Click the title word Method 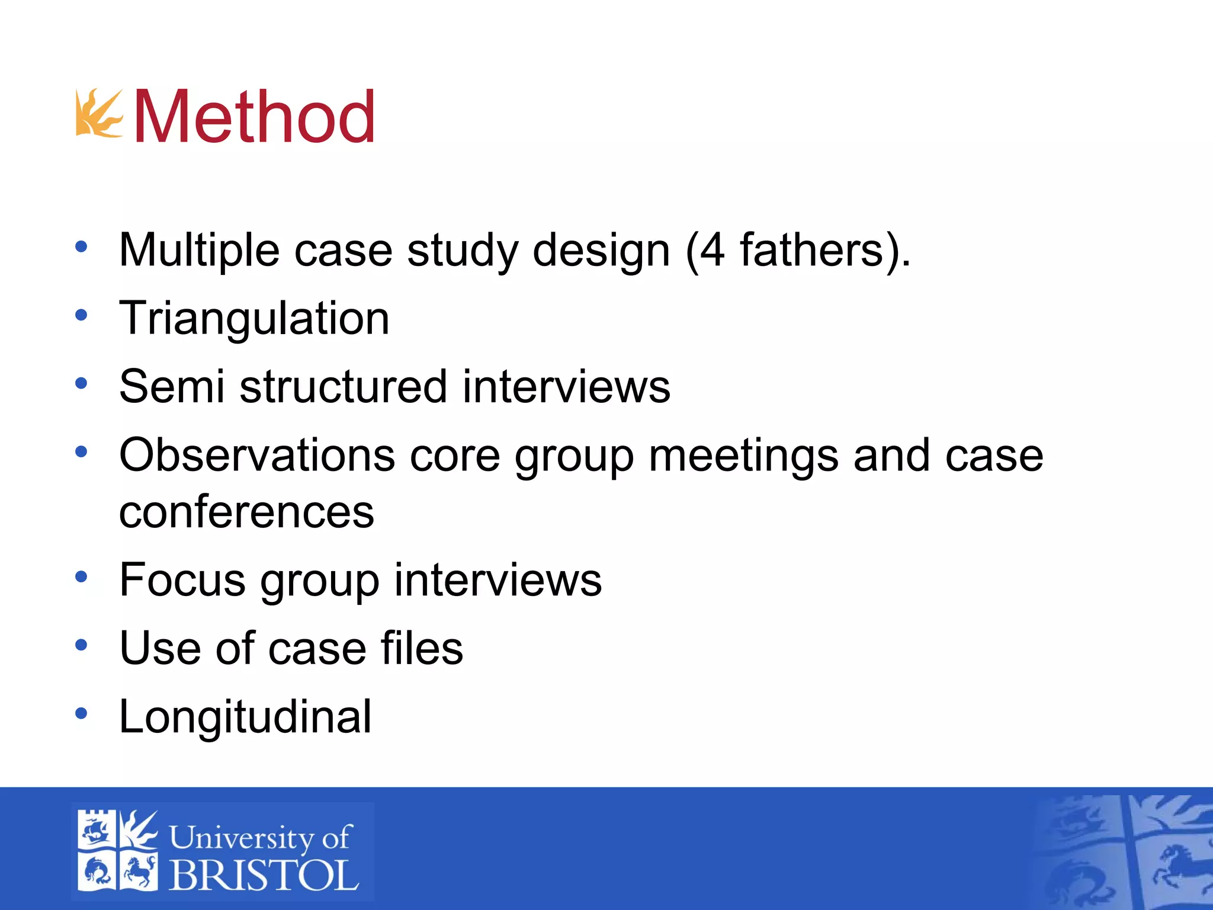click(255, 117)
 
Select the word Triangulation click(254, 318)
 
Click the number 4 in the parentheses click(712, 250)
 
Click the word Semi click(172, 386)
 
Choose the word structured click(343, 386)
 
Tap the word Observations click(257, 455)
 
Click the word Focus click(182, 579)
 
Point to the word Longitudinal click(245, 716)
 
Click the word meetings click(743, 456)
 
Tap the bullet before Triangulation click(81, 315)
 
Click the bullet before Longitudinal click(81, 713)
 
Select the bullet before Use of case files click(81, 645)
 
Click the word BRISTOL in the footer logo click(264, 874)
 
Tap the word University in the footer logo click(242, 838)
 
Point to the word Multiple click(199, 250)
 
